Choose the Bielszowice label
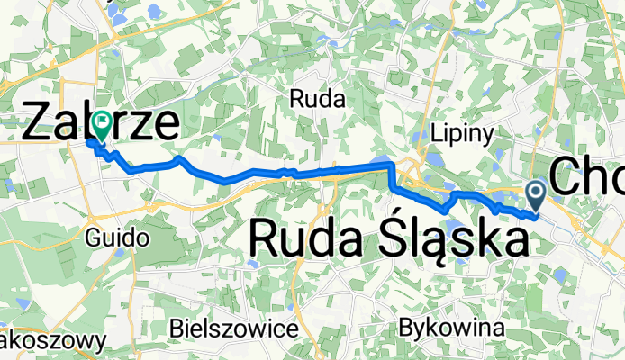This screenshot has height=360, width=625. pyautogui.click(x=234, y=328)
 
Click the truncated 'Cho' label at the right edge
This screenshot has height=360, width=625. pyautogui.click(x=585, y=176)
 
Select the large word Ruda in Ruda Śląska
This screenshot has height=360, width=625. pyautogui.click(x=302, y=239)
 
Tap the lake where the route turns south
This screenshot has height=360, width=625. pyautogui.click(x=385, y=162)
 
